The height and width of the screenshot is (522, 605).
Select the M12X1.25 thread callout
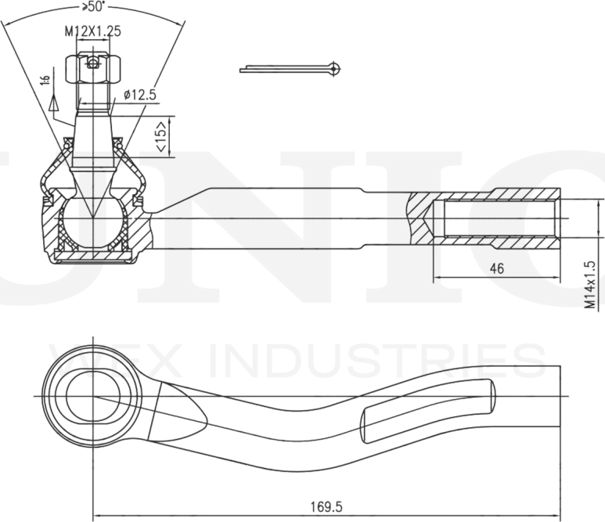[93, 32]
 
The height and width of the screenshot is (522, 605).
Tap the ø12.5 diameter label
[140, 95]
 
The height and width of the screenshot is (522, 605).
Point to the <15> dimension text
[159, 137]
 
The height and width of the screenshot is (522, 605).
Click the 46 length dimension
[496, 268]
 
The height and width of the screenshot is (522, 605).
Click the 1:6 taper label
[47, 77]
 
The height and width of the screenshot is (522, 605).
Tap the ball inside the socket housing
[93, 221]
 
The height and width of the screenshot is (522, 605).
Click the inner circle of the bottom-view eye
[93, 396]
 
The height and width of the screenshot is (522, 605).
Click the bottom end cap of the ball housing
[93, 257]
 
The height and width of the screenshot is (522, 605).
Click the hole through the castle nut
[93, 63]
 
